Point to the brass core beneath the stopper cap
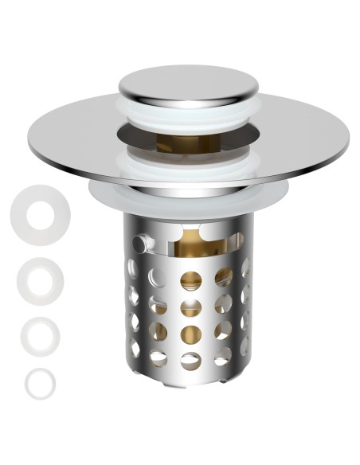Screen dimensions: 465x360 pyautogui.click(x=180, y=143)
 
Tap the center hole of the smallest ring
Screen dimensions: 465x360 pyautogui.click(x=39, y=383)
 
